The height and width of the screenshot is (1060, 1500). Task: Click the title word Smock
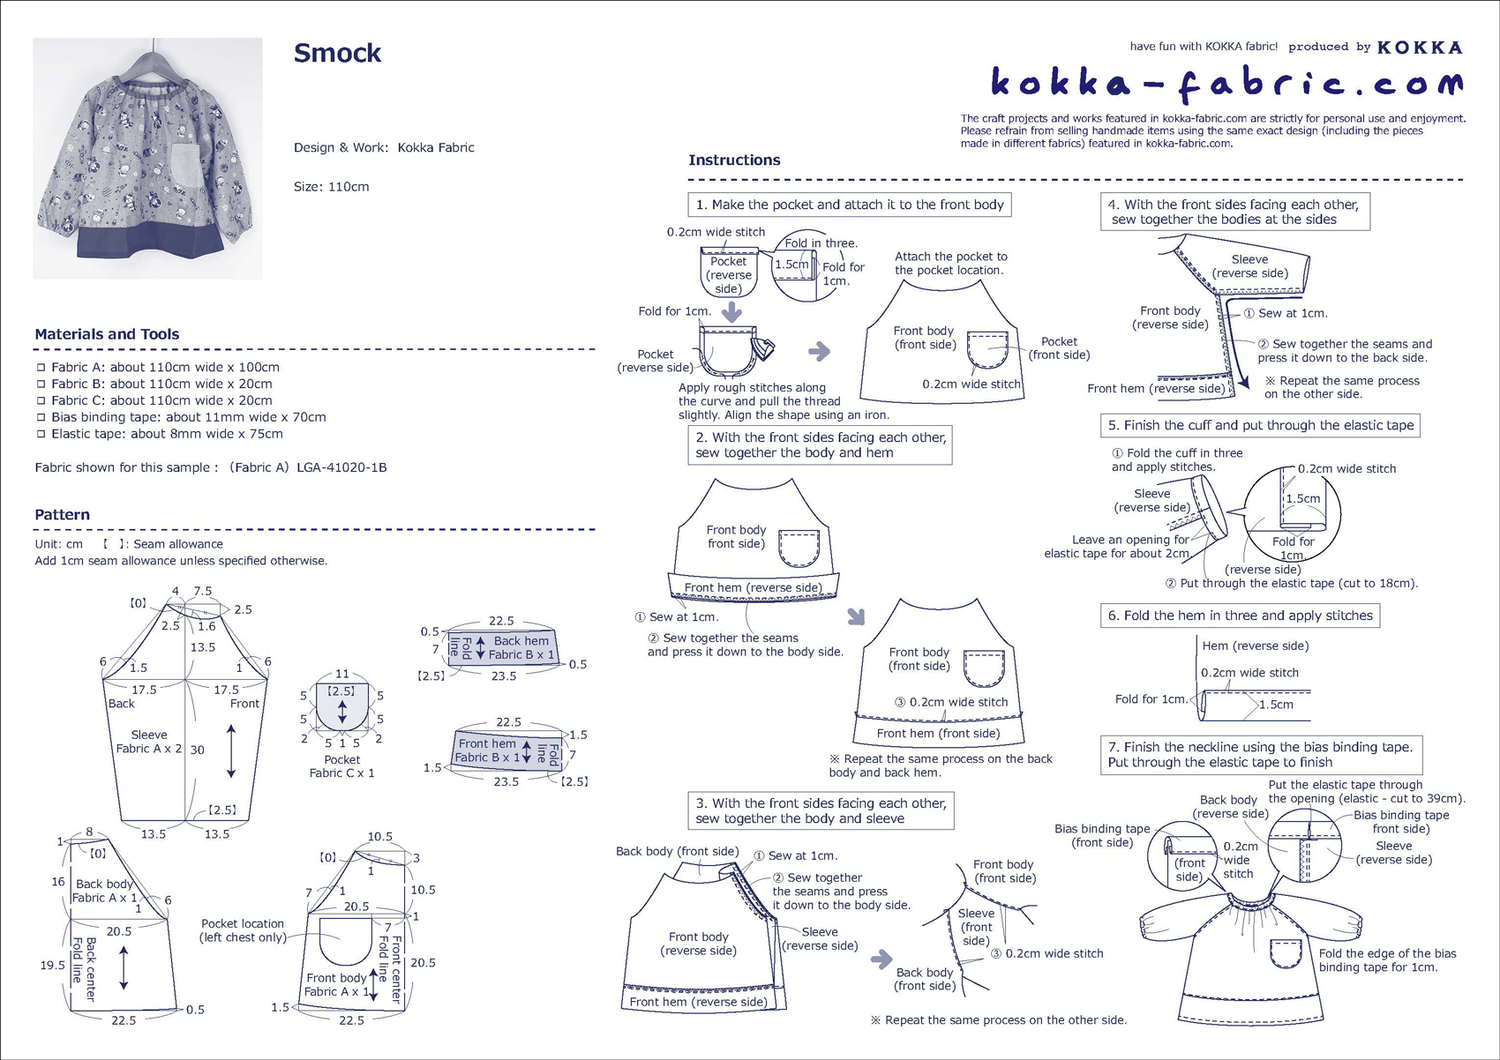[x=337, y=54]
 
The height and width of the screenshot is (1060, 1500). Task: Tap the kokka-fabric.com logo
[x=1226, y=84]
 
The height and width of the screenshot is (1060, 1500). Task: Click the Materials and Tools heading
[x=107, y=334]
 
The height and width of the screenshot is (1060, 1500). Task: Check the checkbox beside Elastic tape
[x=41, y=434]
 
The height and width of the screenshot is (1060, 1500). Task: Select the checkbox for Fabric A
[x=41, y=367]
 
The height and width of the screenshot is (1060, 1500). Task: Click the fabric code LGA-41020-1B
[x=341, y=467]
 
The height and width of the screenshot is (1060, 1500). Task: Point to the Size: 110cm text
[x=331, y=187]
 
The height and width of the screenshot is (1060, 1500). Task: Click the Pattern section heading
[x=62, y=515]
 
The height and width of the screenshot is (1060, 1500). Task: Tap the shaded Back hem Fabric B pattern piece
[x=503, y=648]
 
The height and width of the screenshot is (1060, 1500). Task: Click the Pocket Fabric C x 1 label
[x=341, y=766]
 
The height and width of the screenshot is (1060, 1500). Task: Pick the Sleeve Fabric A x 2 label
[x=148, y=742]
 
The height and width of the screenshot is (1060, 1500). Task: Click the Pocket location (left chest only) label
[x=242, y=930]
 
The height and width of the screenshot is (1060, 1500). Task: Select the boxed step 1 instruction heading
[x=849, y=205]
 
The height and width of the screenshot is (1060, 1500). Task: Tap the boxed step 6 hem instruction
[x=1239, y=616]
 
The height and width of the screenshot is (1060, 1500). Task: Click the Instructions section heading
[x=734, y=160]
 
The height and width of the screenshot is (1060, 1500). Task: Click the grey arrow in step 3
[x=881, y=959]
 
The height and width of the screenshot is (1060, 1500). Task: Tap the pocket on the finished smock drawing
[x=1286, y=954]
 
